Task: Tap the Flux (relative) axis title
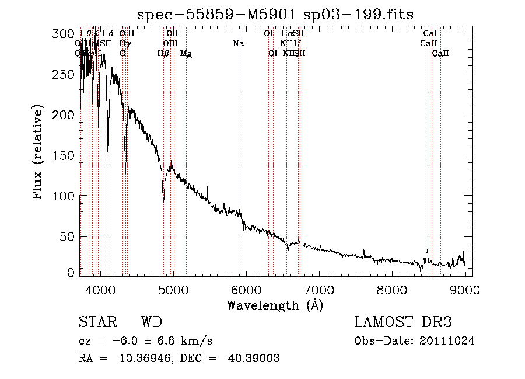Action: (x=39, y=153)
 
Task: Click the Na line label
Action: (x=238, y=44)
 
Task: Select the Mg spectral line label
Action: (x=186, y=54)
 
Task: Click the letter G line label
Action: (x=123, y=54)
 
